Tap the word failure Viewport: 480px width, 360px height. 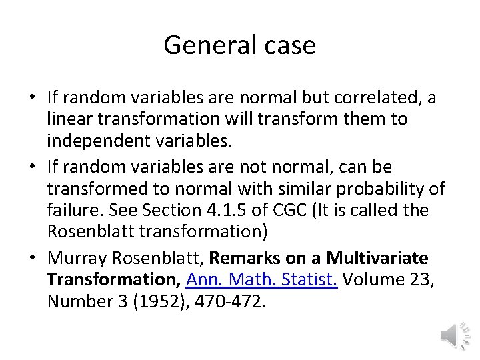pos(71,211)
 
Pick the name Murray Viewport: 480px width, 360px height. pos(76,257)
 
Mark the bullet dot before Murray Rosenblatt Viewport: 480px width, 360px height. pos(32,258)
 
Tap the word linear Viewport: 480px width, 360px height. pos(68,120)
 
